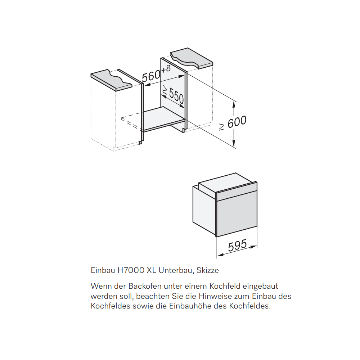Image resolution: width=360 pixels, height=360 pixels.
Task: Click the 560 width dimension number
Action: tap(151, 76)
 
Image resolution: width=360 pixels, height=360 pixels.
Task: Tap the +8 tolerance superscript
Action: tap(166, 69)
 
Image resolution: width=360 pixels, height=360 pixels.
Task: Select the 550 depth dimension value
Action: tap(176, 96)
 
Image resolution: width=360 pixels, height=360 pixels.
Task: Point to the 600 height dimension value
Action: tap(237, 122)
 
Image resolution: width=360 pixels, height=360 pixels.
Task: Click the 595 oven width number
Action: tap(237, 245)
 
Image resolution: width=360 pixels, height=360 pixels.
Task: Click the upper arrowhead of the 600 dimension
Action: tap(234, 105)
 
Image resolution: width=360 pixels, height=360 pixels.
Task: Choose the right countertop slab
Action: tap(192, 58)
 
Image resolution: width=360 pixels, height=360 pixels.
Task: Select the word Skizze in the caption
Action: tap(208, 270)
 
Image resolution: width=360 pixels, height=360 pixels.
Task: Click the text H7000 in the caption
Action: tap(131, 270)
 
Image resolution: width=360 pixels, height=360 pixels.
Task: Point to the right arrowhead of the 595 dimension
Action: tap(254, 247)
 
